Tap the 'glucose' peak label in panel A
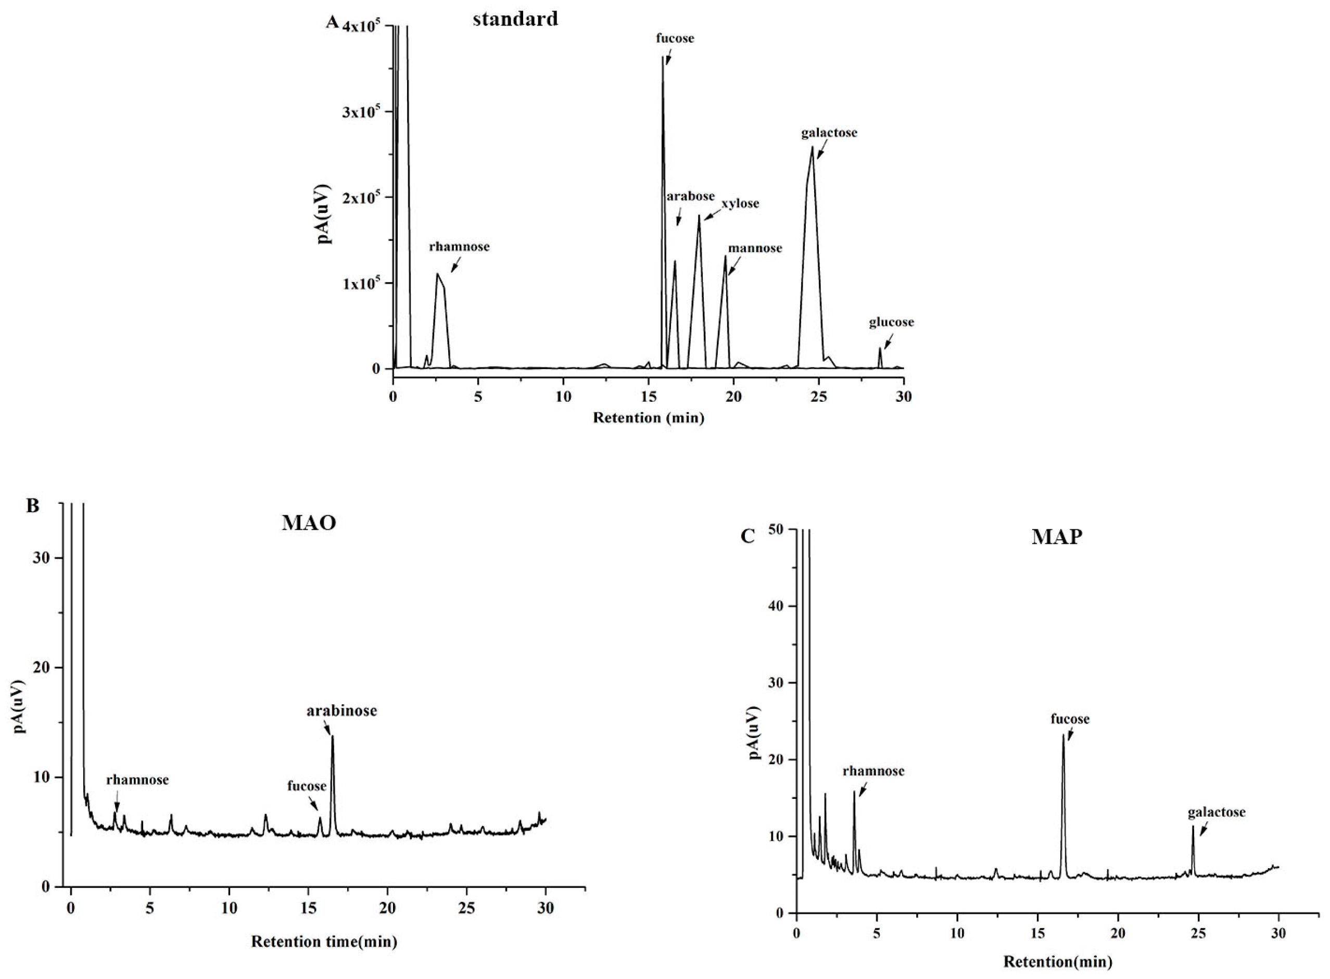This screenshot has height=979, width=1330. click(891, 322)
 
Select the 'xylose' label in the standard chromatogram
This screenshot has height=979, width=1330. click(740, 204)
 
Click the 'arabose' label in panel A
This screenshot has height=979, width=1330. click(690, 196)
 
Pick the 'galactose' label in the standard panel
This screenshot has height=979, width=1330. click(829, 133)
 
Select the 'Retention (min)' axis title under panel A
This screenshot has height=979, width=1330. click(649, 418)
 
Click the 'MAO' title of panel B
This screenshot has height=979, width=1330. click(308, 523)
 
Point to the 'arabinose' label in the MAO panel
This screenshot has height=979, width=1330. click(341, 710)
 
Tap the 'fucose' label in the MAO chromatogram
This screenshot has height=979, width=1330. click(307, 786)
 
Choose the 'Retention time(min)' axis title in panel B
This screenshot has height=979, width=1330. click(324, 941)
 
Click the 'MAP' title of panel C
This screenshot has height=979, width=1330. click(1057, 537)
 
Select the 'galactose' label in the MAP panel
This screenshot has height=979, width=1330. click(1216, 812)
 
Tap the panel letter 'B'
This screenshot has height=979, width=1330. click(33, 505)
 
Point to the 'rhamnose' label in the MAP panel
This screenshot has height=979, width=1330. click(873, 771)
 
